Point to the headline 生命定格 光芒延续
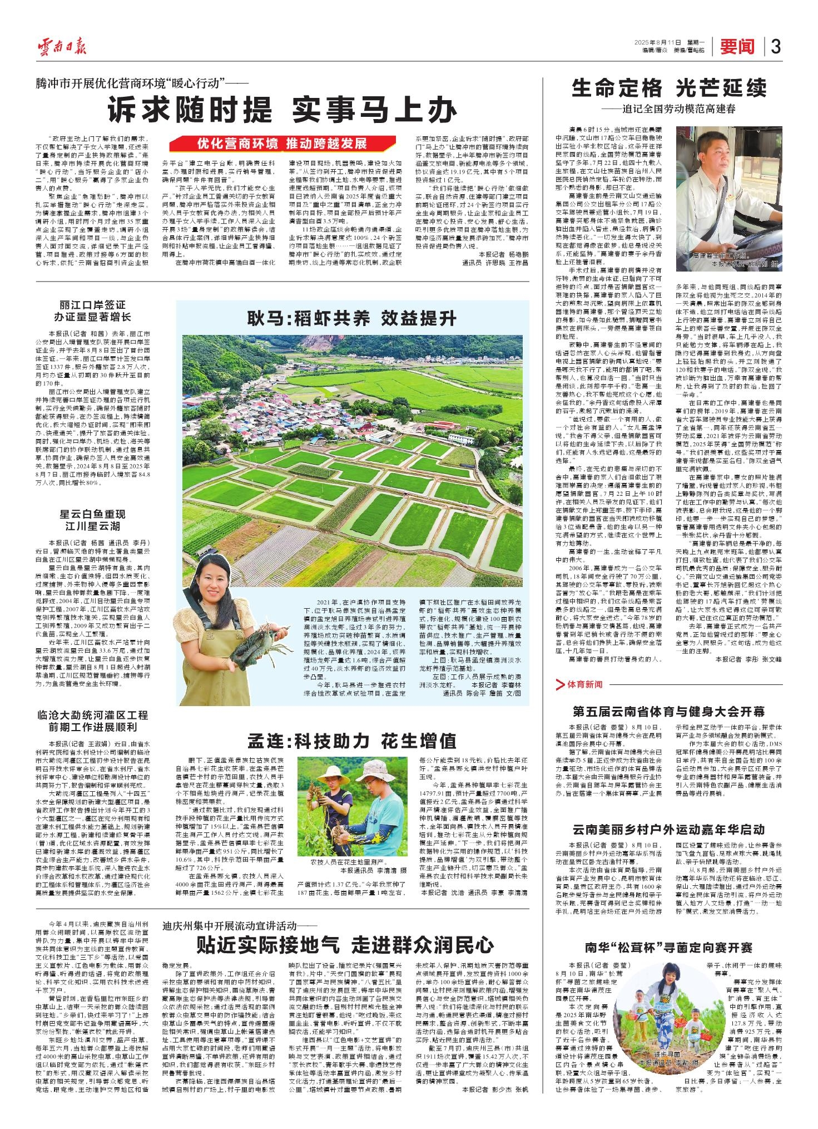[x=669, y=88]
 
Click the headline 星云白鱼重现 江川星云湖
[x=97, y=519]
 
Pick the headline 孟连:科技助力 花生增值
[x=352, y=741]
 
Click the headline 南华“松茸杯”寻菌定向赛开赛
[x=668, y=947]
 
